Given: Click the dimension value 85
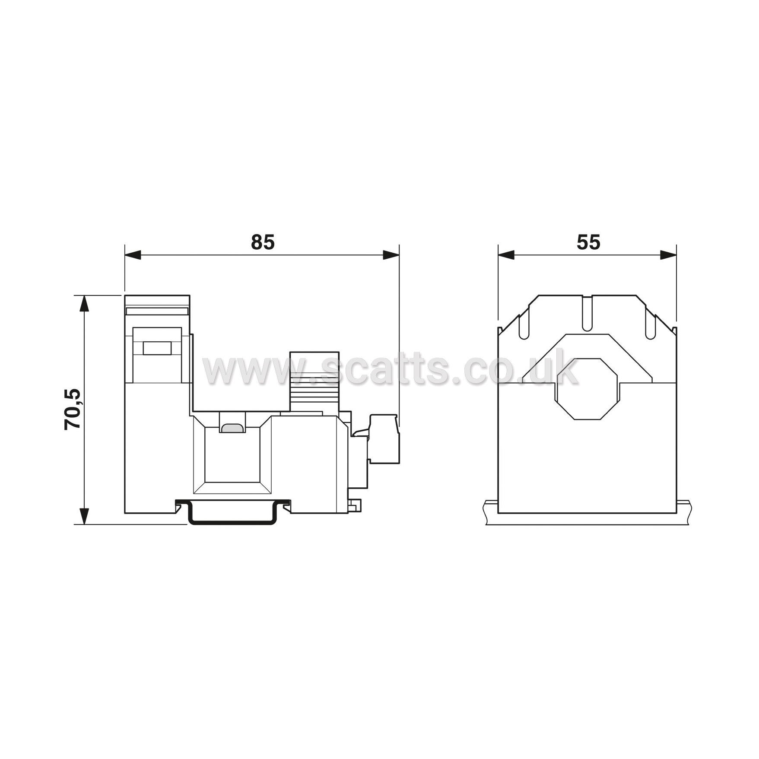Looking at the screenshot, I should coord(263,242).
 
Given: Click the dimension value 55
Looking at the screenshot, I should coord(588,242).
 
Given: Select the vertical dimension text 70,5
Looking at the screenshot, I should coord(73,409).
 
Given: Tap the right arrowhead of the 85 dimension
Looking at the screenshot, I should coord(391,255).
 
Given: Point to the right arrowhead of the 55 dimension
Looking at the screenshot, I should coord(668,255).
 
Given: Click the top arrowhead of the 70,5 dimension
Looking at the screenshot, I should coord(85,304).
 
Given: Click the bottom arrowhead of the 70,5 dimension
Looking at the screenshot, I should coord(85,516).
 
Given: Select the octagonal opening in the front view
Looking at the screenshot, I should coord(587,389).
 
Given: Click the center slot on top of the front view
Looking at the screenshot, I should coord(587,314).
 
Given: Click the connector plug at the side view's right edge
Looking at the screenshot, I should coord(384,439).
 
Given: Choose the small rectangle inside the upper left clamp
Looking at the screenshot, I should coord(157,348).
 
